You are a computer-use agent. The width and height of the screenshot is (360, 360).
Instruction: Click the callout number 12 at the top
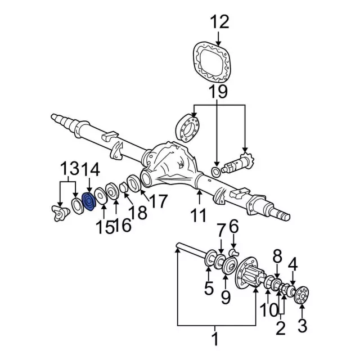click(x=220, y=22)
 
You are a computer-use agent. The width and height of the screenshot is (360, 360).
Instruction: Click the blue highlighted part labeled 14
click(x=88, y=202)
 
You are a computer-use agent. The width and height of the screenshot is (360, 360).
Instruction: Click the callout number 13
click(x=70, y=169)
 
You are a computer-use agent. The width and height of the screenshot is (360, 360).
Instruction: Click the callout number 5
click(x=209, y=290)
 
